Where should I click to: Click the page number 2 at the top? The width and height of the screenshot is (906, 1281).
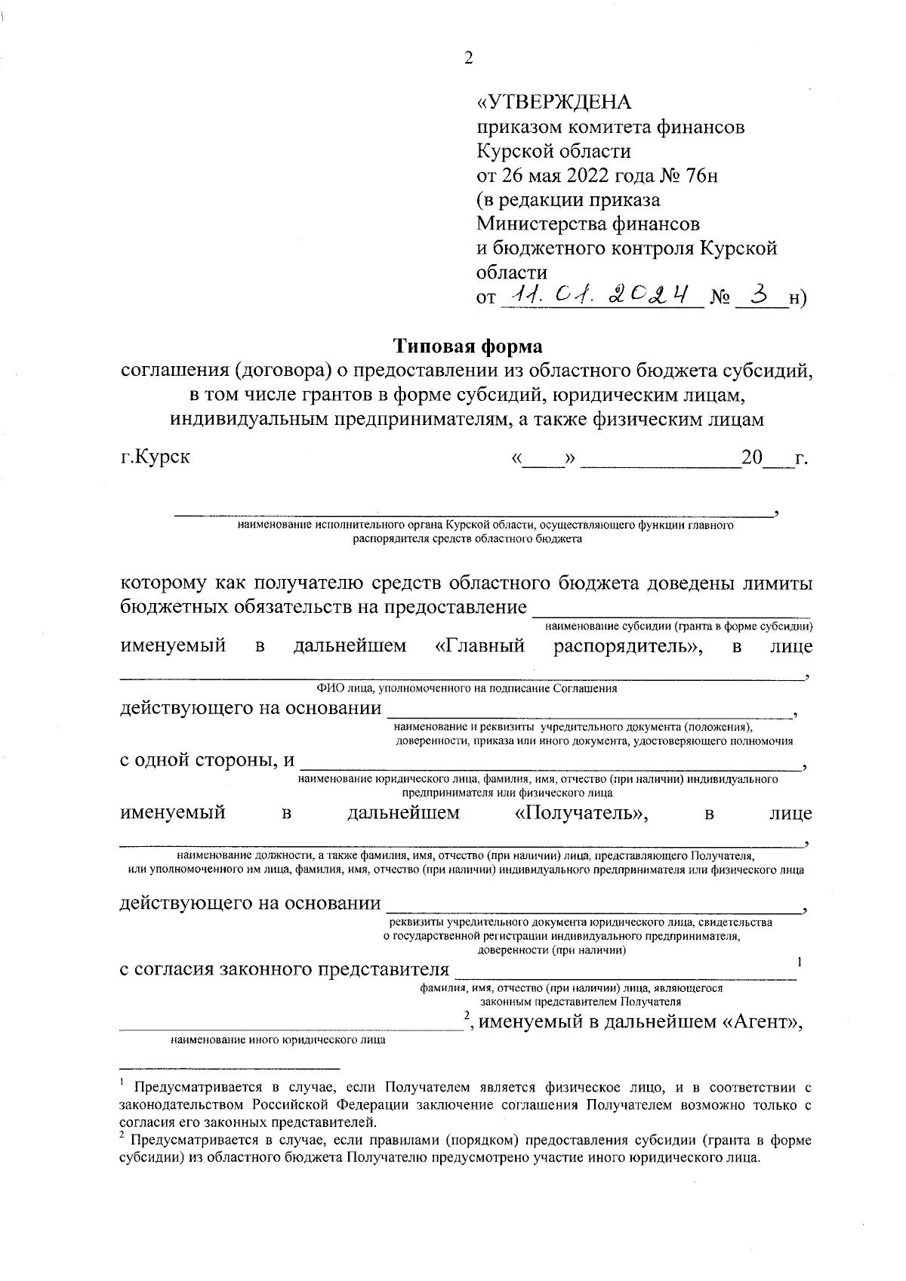point(468,59)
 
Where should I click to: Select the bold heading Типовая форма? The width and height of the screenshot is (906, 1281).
point(468,346)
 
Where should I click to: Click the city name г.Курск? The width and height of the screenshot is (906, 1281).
point(156,457)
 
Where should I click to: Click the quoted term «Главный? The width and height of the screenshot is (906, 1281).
point(480,646)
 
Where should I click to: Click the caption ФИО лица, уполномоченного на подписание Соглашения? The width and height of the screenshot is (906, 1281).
point(467,688)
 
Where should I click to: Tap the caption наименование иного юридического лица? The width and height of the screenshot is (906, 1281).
point(278,1039)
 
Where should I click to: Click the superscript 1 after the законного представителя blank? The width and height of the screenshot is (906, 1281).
point(799,962)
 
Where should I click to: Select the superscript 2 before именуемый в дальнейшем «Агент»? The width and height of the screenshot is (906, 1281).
point(467,1015)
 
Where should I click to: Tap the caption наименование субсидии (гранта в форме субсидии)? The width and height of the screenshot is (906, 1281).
point(678,627)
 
